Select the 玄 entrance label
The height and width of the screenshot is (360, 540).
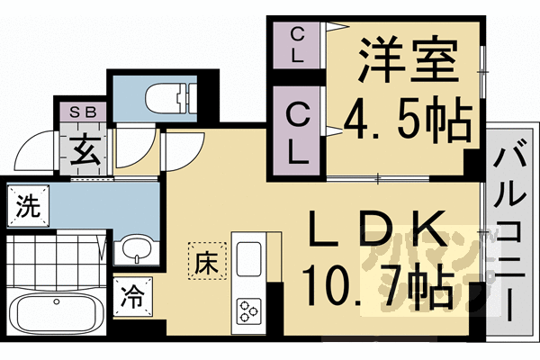pos(87,149)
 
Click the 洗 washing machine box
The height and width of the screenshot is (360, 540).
pos(28,208)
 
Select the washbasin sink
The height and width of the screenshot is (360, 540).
pos(136,248)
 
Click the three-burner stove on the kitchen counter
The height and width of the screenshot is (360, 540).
pos(247,310)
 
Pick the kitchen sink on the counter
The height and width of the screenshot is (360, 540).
pos(247,256)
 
